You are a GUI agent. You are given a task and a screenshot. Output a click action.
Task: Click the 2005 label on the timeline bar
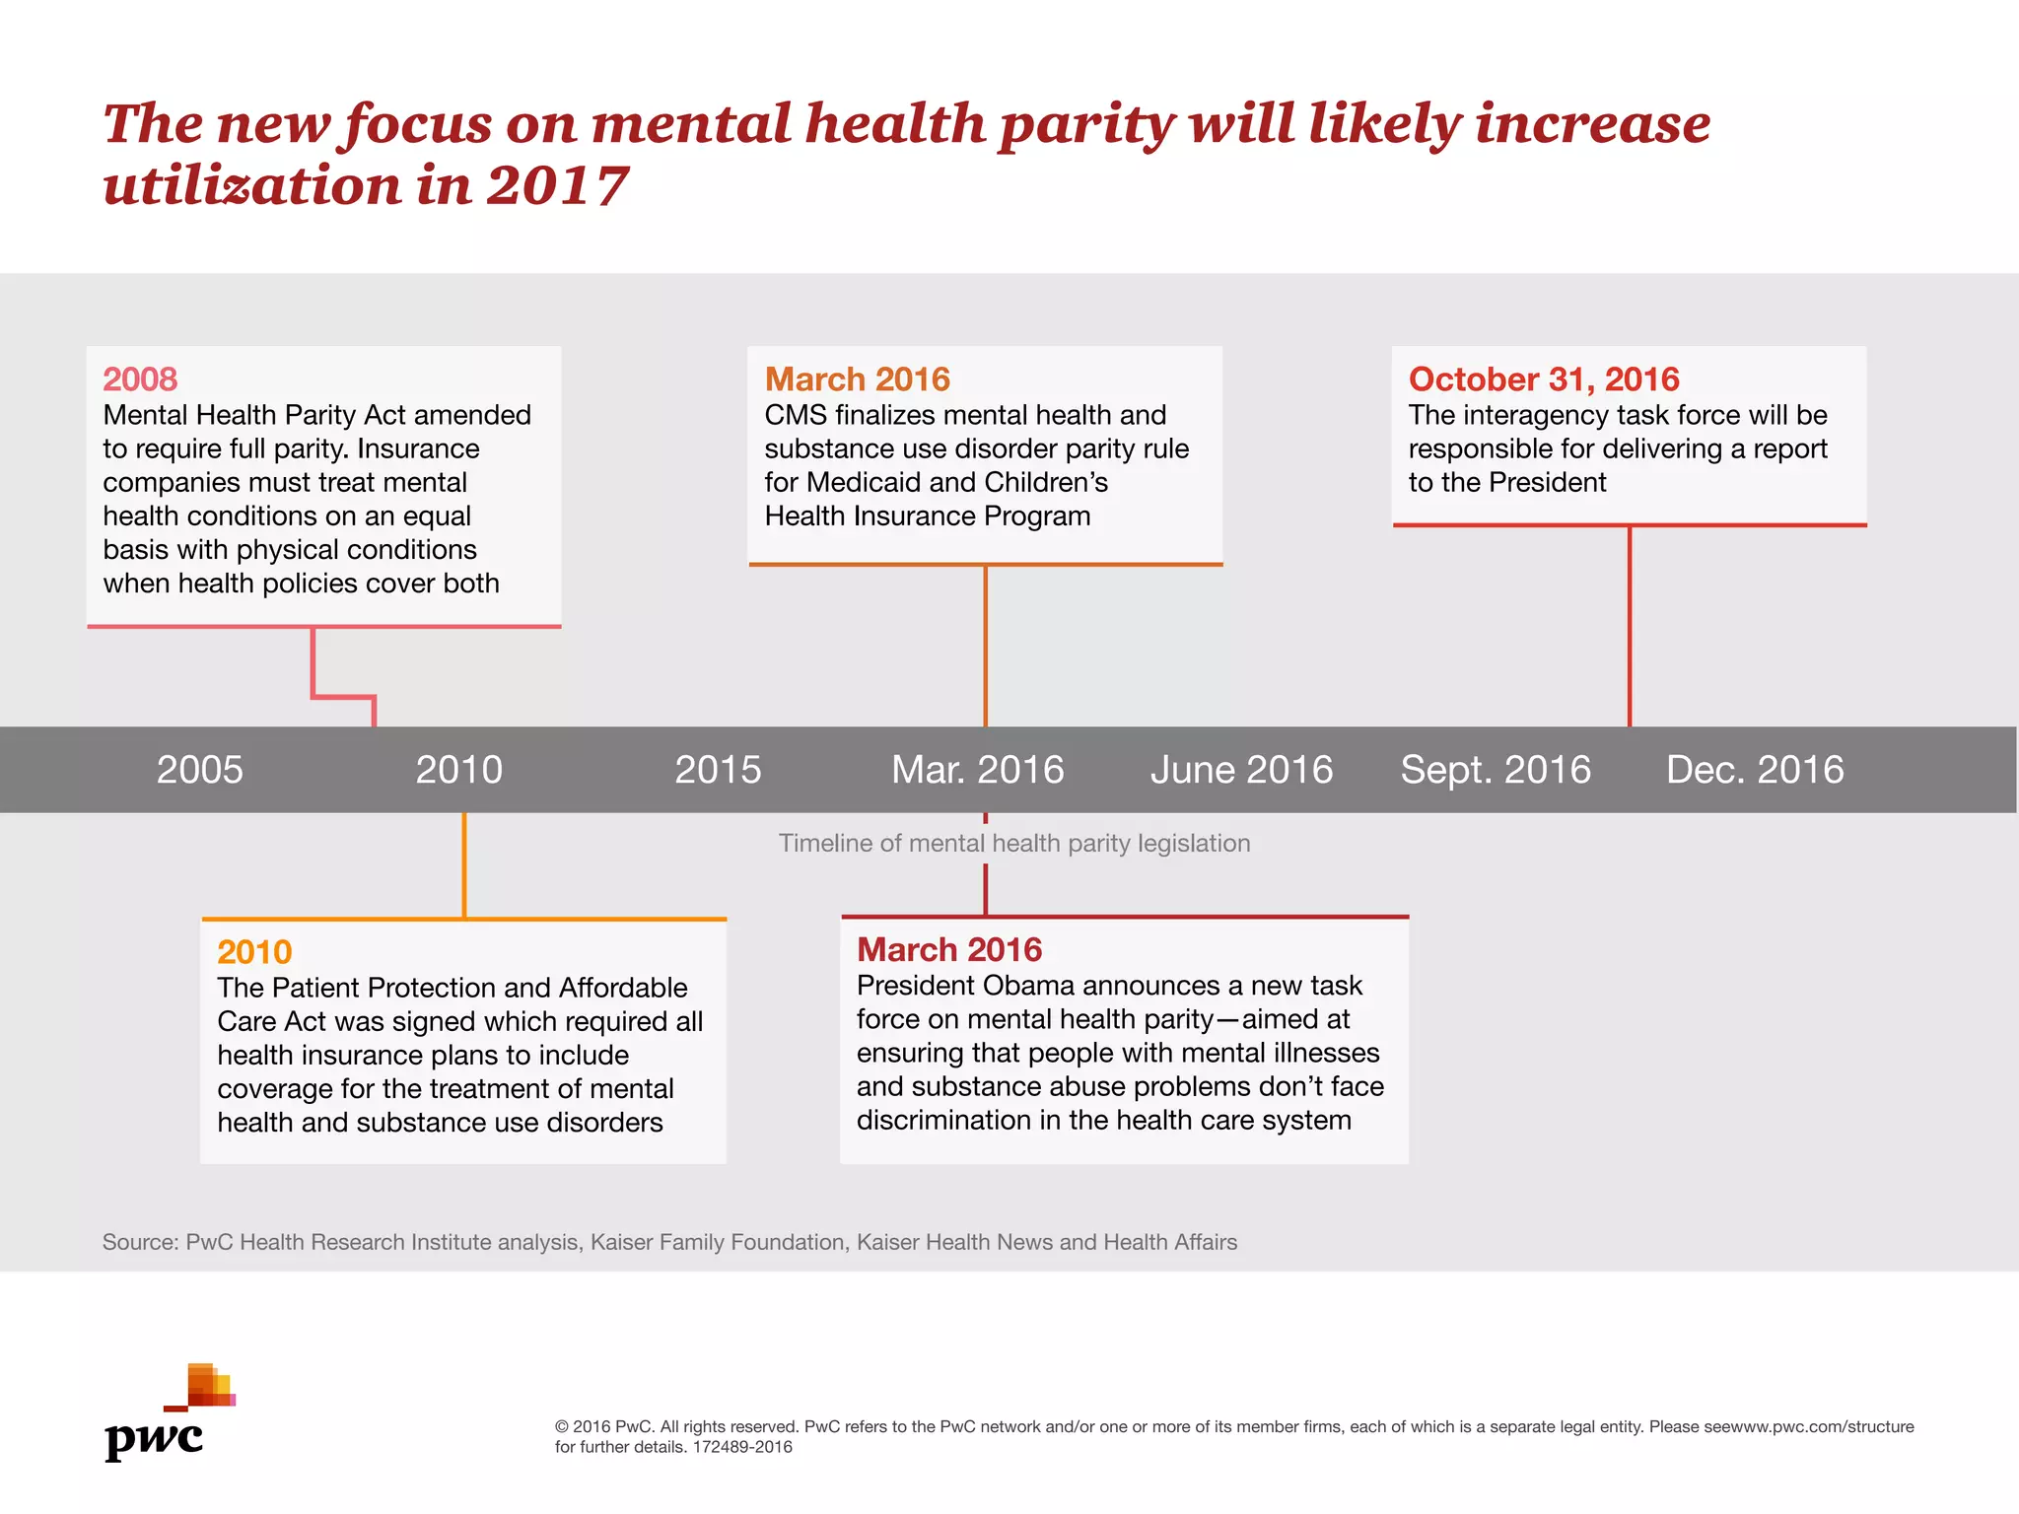(x=199, y=770)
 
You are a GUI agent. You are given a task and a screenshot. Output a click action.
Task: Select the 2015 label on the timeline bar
(x=718, y=770)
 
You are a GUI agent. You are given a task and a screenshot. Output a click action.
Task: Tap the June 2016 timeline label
(x=1241, y=770)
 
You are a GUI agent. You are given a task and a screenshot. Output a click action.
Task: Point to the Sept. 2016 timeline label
(x=1496, y=770)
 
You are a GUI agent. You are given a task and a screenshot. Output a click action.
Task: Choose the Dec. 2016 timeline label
(x=1755, y=770)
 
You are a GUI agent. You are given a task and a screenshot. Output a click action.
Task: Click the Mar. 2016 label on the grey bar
(x=977, y=770)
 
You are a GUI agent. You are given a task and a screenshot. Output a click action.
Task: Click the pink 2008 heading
(x=140, y=379)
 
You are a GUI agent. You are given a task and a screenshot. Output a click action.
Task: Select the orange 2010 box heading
(x=254, y=952)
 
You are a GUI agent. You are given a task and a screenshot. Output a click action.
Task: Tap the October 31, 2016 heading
(x=1543, y=379)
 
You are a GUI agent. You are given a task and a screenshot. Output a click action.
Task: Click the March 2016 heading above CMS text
(x=857, y=379)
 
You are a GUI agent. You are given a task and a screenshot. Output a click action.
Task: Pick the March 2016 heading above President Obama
(x=948, y=950)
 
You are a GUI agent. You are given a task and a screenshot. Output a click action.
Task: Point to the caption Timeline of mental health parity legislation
(x=1014, y=844)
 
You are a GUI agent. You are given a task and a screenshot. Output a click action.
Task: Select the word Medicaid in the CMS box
(x=863, y=483)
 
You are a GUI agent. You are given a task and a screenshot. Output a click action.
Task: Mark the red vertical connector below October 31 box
(x=1629, y=626)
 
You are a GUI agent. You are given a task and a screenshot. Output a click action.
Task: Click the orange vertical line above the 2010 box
(x=463, y=865)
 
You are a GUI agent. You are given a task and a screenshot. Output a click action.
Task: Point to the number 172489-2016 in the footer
(x=742, y=1448)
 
